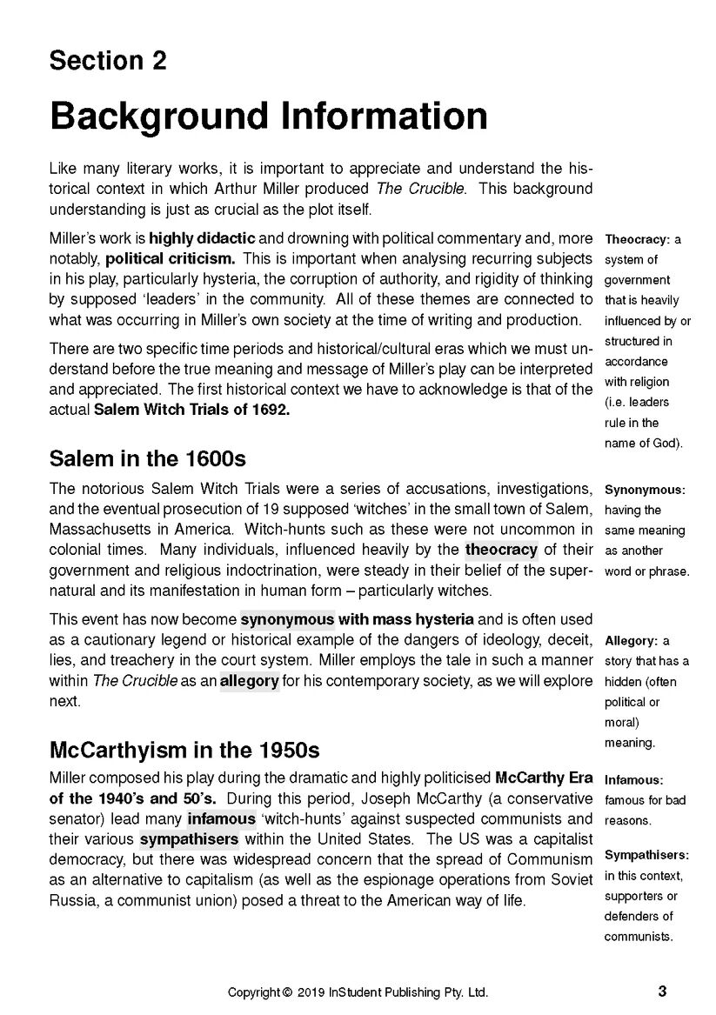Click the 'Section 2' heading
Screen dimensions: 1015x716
(108, 61)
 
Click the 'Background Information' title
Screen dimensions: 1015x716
(268, 116)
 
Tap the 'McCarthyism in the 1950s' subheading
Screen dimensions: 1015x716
(184, 749)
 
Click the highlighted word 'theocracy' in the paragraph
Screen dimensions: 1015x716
(501, 550)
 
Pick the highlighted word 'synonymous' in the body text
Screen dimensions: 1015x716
(287, 620)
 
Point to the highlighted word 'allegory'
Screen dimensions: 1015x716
(249, 681)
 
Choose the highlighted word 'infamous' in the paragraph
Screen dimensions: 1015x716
(221, 819)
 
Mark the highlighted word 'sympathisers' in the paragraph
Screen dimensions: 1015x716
(189, 840)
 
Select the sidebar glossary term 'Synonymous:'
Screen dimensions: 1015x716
(645, 490)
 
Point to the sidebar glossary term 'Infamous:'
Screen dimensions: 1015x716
(633, 779)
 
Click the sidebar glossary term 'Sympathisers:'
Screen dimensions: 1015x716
(646, 855)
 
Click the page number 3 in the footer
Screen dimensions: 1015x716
(663, 991)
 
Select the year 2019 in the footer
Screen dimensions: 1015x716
(311, 992)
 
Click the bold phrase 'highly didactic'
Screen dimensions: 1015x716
(202, 238)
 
